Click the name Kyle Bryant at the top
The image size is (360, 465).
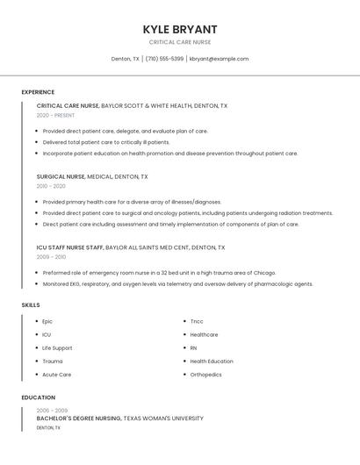pyautogui.click(x=179, y=29)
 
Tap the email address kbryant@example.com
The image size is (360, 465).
pyautogui.click(x=219, y=59)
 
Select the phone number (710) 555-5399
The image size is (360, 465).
pyautogui.click(x=164, y=59)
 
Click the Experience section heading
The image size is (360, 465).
pyautogui.click(x=38, y=92)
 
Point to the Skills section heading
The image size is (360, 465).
pyautogui.click(x=31, y=304)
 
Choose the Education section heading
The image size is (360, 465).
pyautogui.click(x=38, y=397)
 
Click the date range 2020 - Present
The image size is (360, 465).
pyautogui.click(x=55, y=115)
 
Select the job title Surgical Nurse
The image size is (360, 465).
pyautogui.click(x=61, y=176)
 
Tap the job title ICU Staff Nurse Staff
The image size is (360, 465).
pyautogui.click(x=70, y=247)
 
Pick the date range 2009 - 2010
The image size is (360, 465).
pyautogui.click(x=51, y=257)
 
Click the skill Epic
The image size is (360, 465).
pyautogui.click(x=47, y=321)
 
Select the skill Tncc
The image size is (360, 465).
pyautogui.click(x=197, y=321)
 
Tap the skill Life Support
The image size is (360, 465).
pyautogui.click(x=57, y=347)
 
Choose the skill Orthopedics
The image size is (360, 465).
pyautogui.click(x=205, y=375)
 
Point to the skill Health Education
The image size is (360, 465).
pyautogui.click(x=212, y=361)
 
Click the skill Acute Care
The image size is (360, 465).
pyautogui.click(x=56, y=375)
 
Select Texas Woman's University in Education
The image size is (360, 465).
pyautogui.click(x=163, y=418)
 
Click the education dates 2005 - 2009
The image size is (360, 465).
pyautogui.click(x=52, y=411)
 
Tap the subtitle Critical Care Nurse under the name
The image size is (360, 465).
pyautogui.click(x=179, y=42)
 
